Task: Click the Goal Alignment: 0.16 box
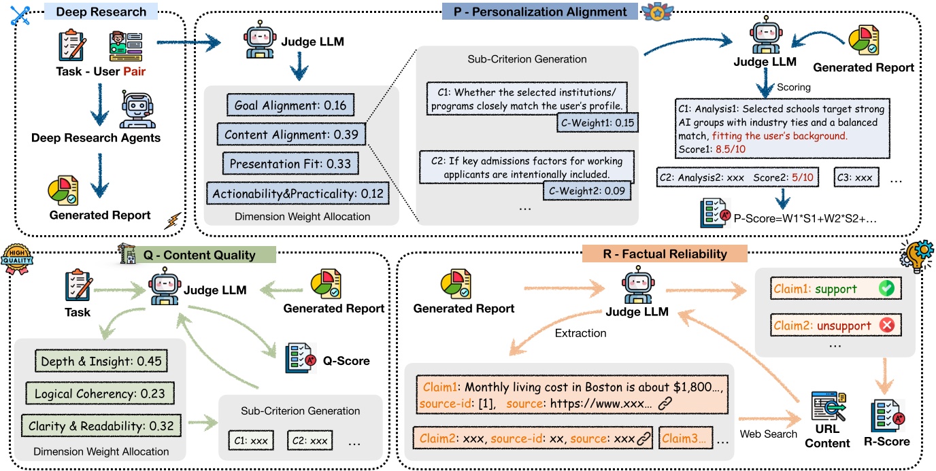point(290,105)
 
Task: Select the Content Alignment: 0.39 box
point(291,135)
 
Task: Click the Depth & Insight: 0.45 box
point(101,361)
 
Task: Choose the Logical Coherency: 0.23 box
point(101,393)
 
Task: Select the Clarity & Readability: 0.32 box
point(101,426)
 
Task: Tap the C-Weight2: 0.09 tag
point(586,191)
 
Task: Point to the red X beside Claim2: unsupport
point(886,326)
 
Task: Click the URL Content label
point(827,437)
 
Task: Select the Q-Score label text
point(346,361)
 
